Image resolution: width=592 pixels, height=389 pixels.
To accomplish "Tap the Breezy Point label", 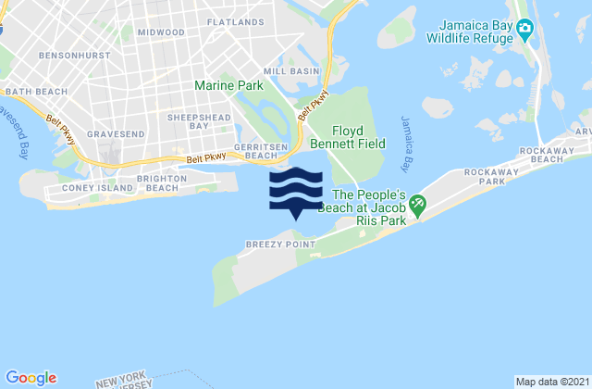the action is coord(268,245).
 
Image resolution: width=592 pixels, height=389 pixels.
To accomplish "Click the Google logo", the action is coord(31,377).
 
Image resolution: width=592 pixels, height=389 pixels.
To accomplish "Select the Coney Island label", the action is coord(60,189).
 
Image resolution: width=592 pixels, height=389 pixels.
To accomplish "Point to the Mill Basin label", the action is coord(291,70).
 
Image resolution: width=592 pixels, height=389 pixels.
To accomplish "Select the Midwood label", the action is coord(159,31).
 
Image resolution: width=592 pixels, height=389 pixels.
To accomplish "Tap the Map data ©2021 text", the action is coord(550,382).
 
